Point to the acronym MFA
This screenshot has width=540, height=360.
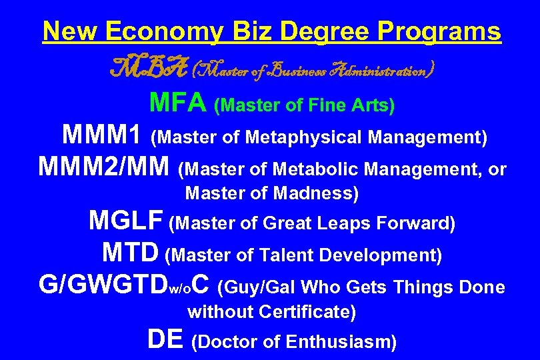178,103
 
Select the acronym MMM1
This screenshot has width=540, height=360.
102,136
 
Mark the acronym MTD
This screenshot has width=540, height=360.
131,253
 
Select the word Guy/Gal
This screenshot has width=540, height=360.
259,287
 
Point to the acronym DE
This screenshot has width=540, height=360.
165,340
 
